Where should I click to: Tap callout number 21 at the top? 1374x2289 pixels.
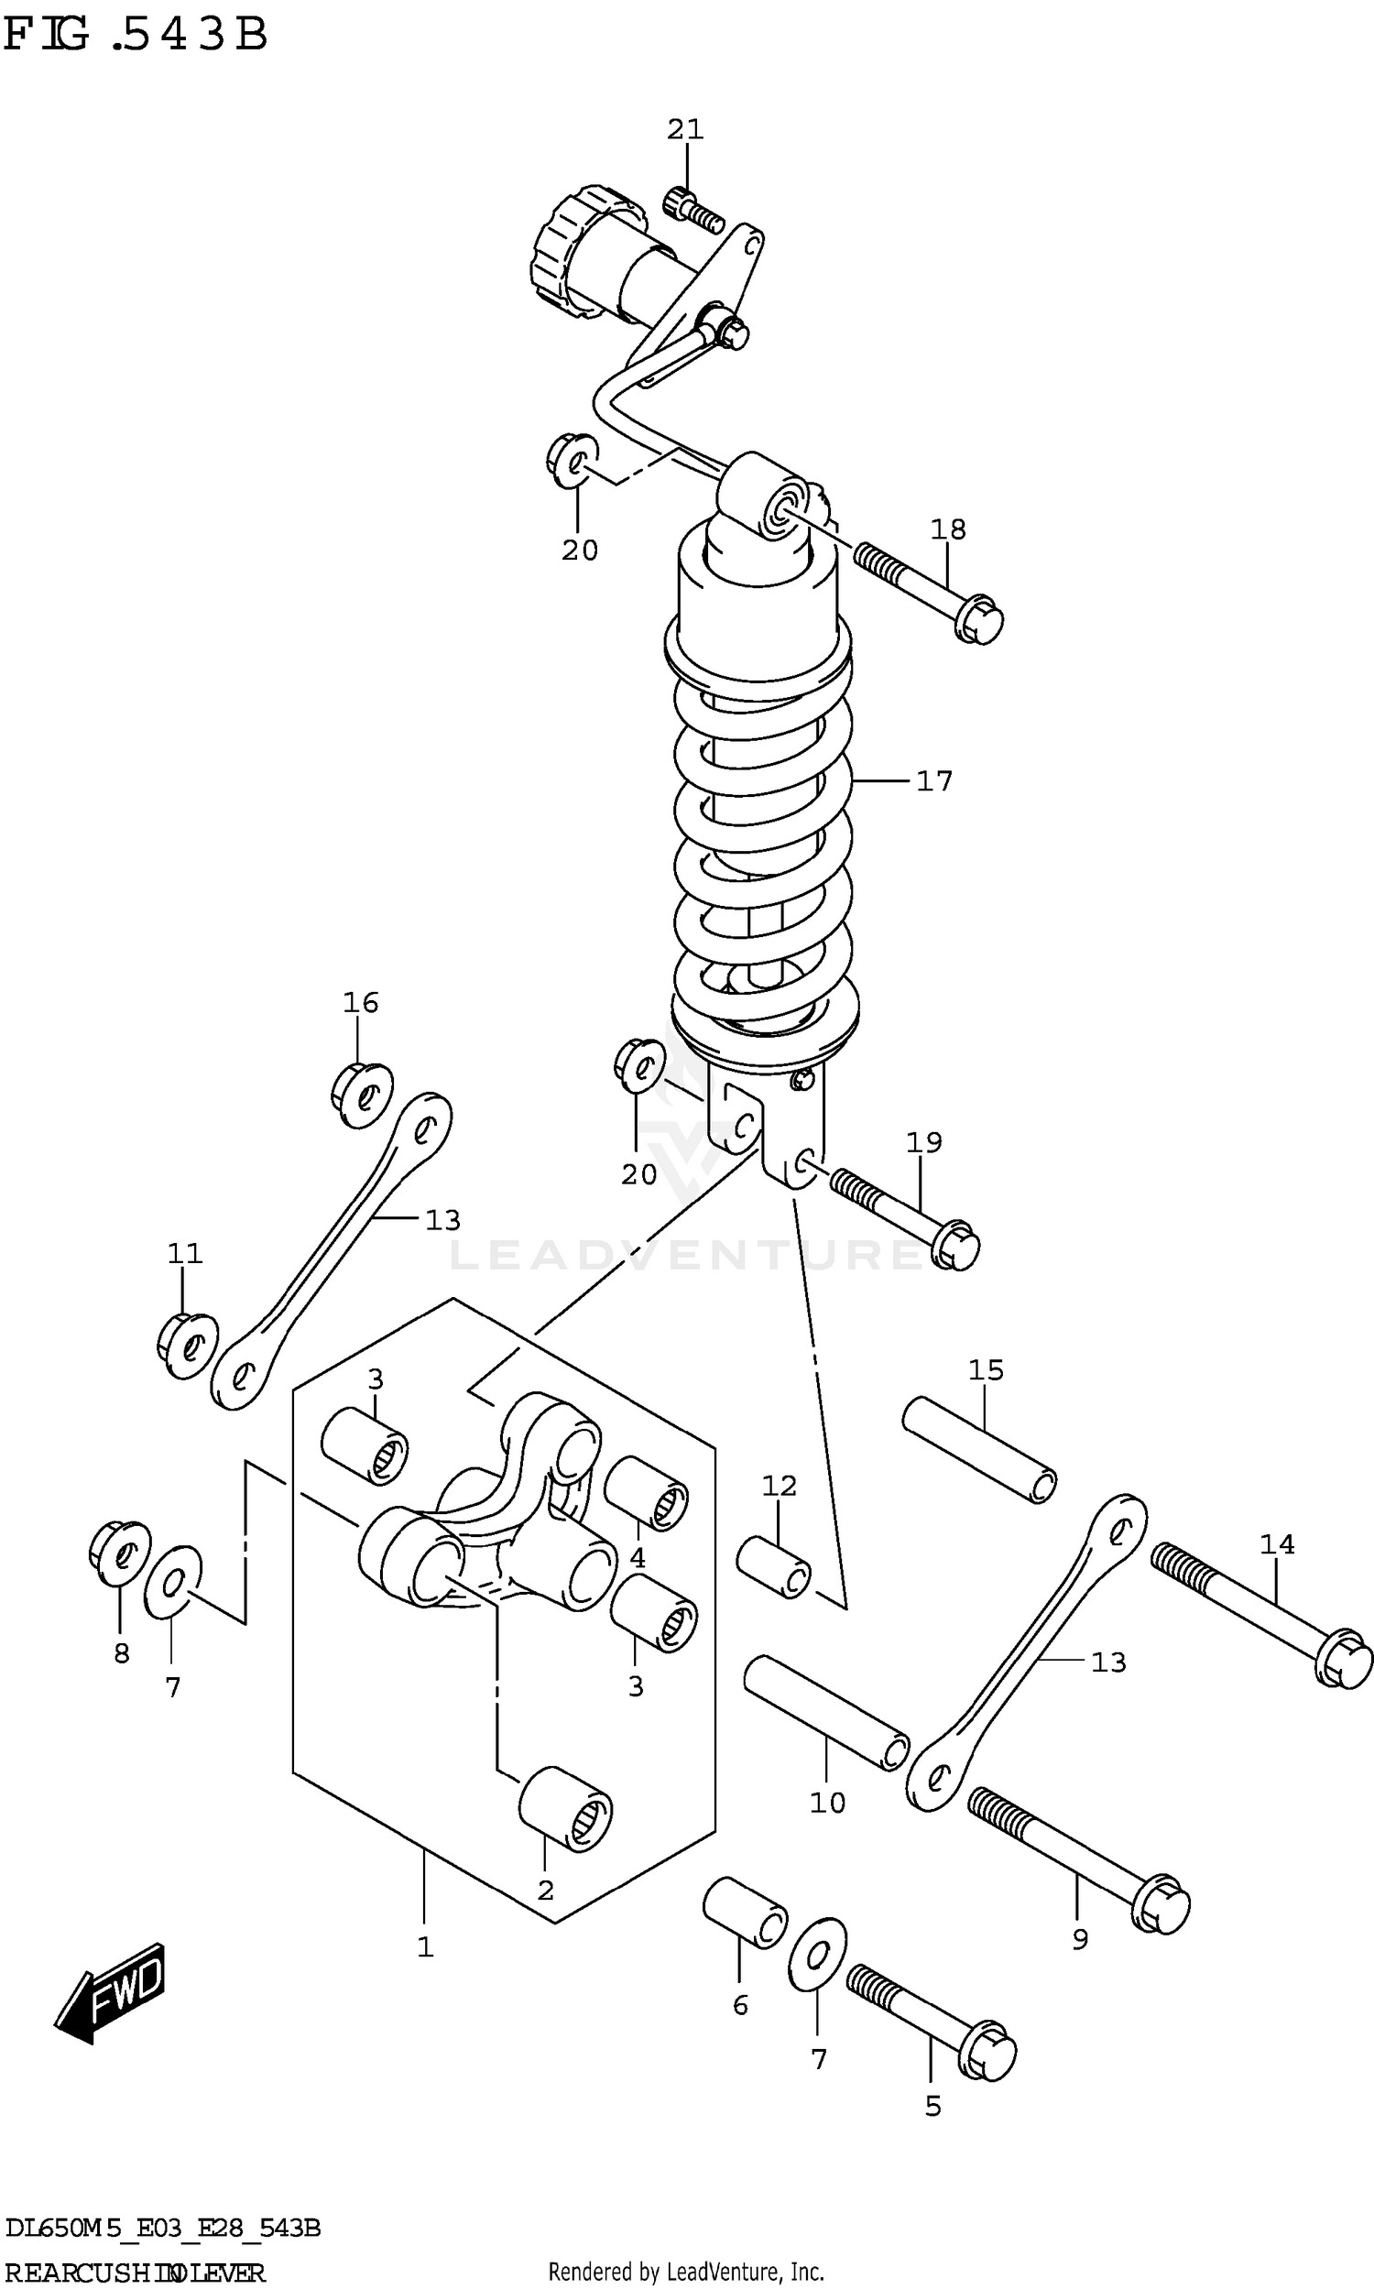(685, 129)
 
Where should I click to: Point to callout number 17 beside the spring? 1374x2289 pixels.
(933, 781)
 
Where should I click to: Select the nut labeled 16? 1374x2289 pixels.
(362, 1095)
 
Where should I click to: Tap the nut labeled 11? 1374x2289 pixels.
(188, 1345)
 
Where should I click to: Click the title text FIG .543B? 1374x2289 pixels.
(136, 35)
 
